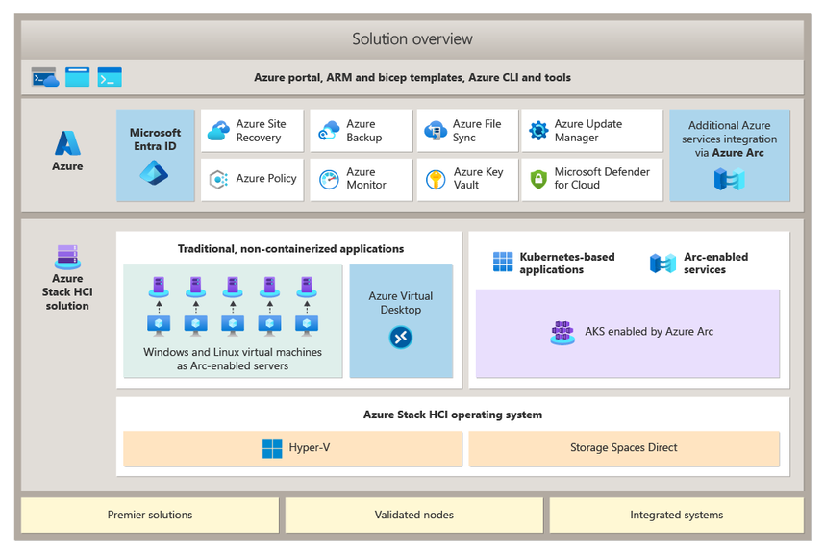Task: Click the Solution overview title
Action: tap(412, 39)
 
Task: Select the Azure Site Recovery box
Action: tap(252, 131)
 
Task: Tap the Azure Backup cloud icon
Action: tap(329, 131)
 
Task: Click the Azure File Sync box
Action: tap(468, 131)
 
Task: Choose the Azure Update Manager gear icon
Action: tap(538, 131)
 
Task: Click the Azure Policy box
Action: tap(252, 179)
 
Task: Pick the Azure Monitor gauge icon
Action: tap(329, 179)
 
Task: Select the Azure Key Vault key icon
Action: tap(436, 179)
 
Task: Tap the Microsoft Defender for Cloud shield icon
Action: tap(538, 179)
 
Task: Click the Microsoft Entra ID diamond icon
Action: tap(154, 173)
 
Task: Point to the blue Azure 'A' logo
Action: tap(67, 143)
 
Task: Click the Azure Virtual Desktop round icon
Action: tap(400, 338)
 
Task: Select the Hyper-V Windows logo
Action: tap(272, 448)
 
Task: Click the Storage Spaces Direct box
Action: tap(623, 448)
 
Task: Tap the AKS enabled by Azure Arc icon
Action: tap(562, 332)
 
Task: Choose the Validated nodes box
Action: tap(413, 515)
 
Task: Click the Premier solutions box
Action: tap(150, 515)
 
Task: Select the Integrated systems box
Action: tap(676, 515)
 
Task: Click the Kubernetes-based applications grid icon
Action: tap(503, 263)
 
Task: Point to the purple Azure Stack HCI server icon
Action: tap(67, 257)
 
